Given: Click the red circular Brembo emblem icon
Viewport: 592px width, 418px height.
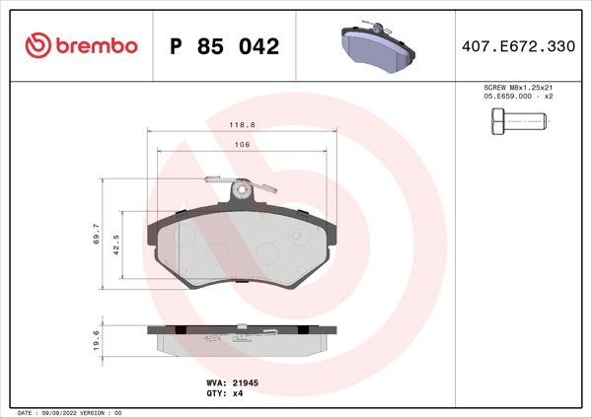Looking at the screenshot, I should click(37, 45).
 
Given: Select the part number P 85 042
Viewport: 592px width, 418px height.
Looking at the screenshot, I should click(225, 46).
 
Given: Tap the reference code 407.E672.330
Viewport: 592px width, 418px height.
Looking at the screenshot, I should click(518, 46).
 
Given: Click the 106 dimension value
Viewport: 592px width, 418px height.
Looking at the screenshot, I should click(241, 144).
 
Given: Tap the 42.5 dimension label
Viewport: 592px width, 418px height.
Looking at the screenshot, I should click(115, 245).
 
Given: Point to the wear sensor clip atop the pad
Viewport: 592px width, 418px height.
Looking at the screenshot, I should click(238, 186).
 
